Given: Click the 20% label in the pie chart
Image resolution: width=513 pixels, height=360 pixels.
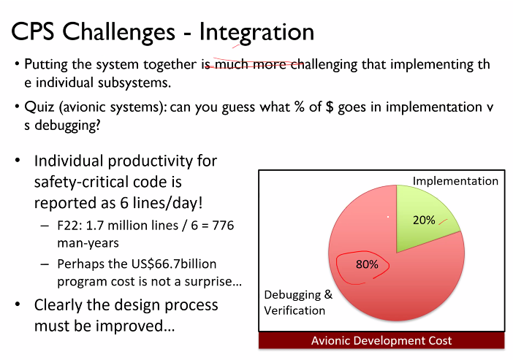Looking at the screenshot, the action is click(x=424, y=220).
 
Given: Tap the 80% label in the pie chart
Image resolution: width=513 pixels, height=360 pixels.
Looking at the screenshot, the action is click(x=367, y=264).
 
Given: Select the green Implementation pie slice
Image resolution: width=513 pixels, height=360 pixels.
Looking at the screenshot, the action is click(x=422, y=216).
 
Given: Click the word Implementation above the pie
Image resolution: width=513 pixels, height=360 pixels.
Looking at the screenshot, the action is click(x=455, y=181).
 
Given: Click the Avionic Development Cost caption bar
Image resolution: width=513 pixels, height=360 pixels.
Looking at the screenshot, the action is click(x=381, y=340).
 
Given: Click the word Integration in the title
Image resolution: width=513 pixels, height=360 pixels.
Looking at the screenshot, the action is click(x=256, y=32).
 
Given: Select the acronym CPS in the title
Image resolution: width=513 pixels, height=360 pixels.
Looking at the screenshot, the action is click(x=32, y=31).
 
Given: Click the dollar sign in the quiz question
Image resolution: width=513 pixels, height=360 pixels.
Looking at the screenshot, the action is click(x=330, y=107).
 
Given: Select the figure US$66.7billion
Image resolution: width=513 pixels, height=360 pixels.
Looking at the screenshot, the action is click(x=174, y=264).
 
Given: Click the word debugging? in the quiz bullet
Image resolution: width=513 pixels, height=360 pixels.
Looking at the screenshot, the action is click(x=67, y=126).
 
